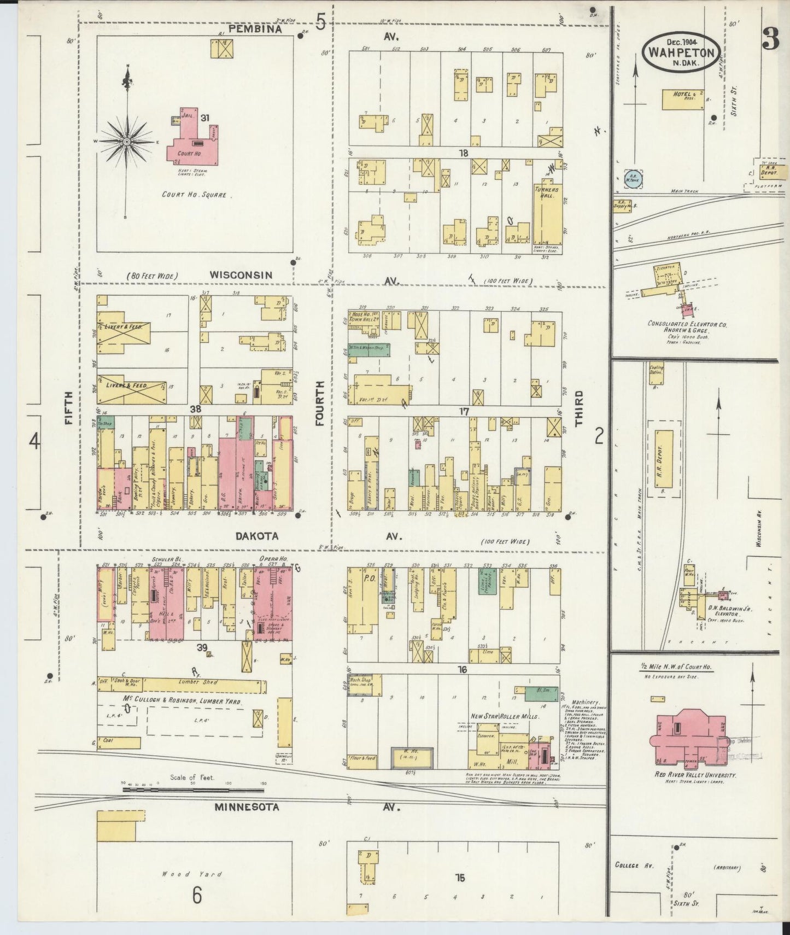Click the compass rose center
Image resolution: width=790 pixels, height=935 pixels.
pos(127,142)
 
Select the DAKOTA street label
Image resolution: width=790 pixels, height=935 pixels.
pos(256,536)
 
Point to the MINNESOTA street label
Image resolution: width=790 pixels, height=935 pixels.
pos(246,807)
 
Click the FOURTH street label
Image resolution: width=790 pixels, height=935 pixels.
pos(319,404)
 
